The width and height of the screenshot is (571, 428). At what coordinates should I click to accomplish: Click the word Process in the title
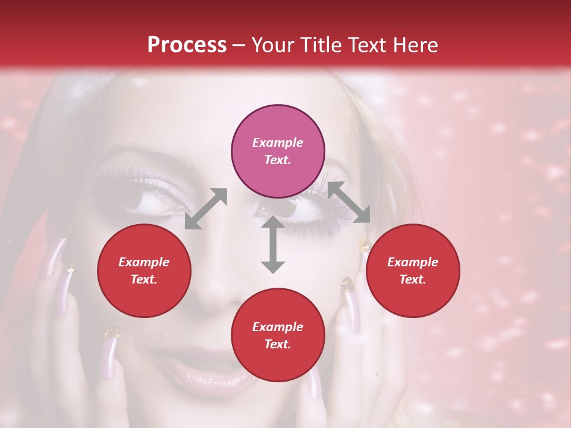tap(187, 45)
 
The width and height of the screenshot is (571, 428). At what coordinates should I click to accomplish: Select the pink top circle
tap(278, 151)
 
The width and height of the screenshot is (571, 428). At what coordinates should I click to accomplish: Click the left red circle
tap(144, 270)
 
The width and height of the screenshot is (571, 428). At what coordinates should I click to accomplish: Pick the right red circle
tap(413, 270)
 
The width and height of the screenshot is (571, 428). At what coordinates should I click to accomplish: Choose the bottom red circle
tap(278, 335)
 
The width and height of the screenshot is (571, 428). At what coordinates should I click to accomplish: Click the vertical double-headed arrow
tap(273, 244)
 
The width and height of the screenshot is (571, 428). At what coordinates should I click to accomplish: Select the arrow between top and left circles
tap(206, 209)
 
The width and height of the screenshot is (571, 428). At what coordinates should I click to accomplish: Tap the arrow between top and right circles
tap(349, 203)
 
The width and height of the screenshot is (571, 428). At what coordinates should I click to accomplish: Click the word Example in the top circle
tap(278, 143)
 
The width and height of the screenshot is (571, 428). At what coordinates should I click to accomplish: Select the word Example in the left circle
tap(144, 262)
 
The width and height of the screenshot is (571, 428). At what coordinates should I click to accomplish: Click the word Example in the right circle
tap(413, 262)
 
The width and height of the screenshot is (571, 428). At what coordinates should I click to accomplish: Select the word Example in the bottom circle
tap(278, 327)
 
